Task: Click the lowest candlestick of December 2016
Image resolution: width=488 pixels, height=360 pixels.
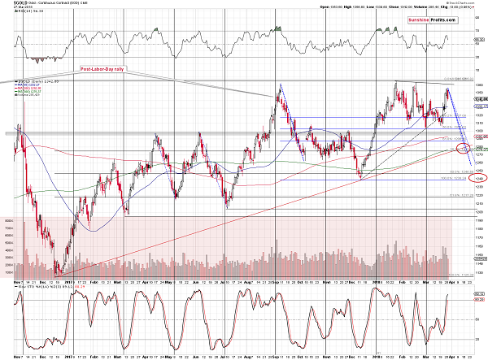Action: (56, 271)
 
